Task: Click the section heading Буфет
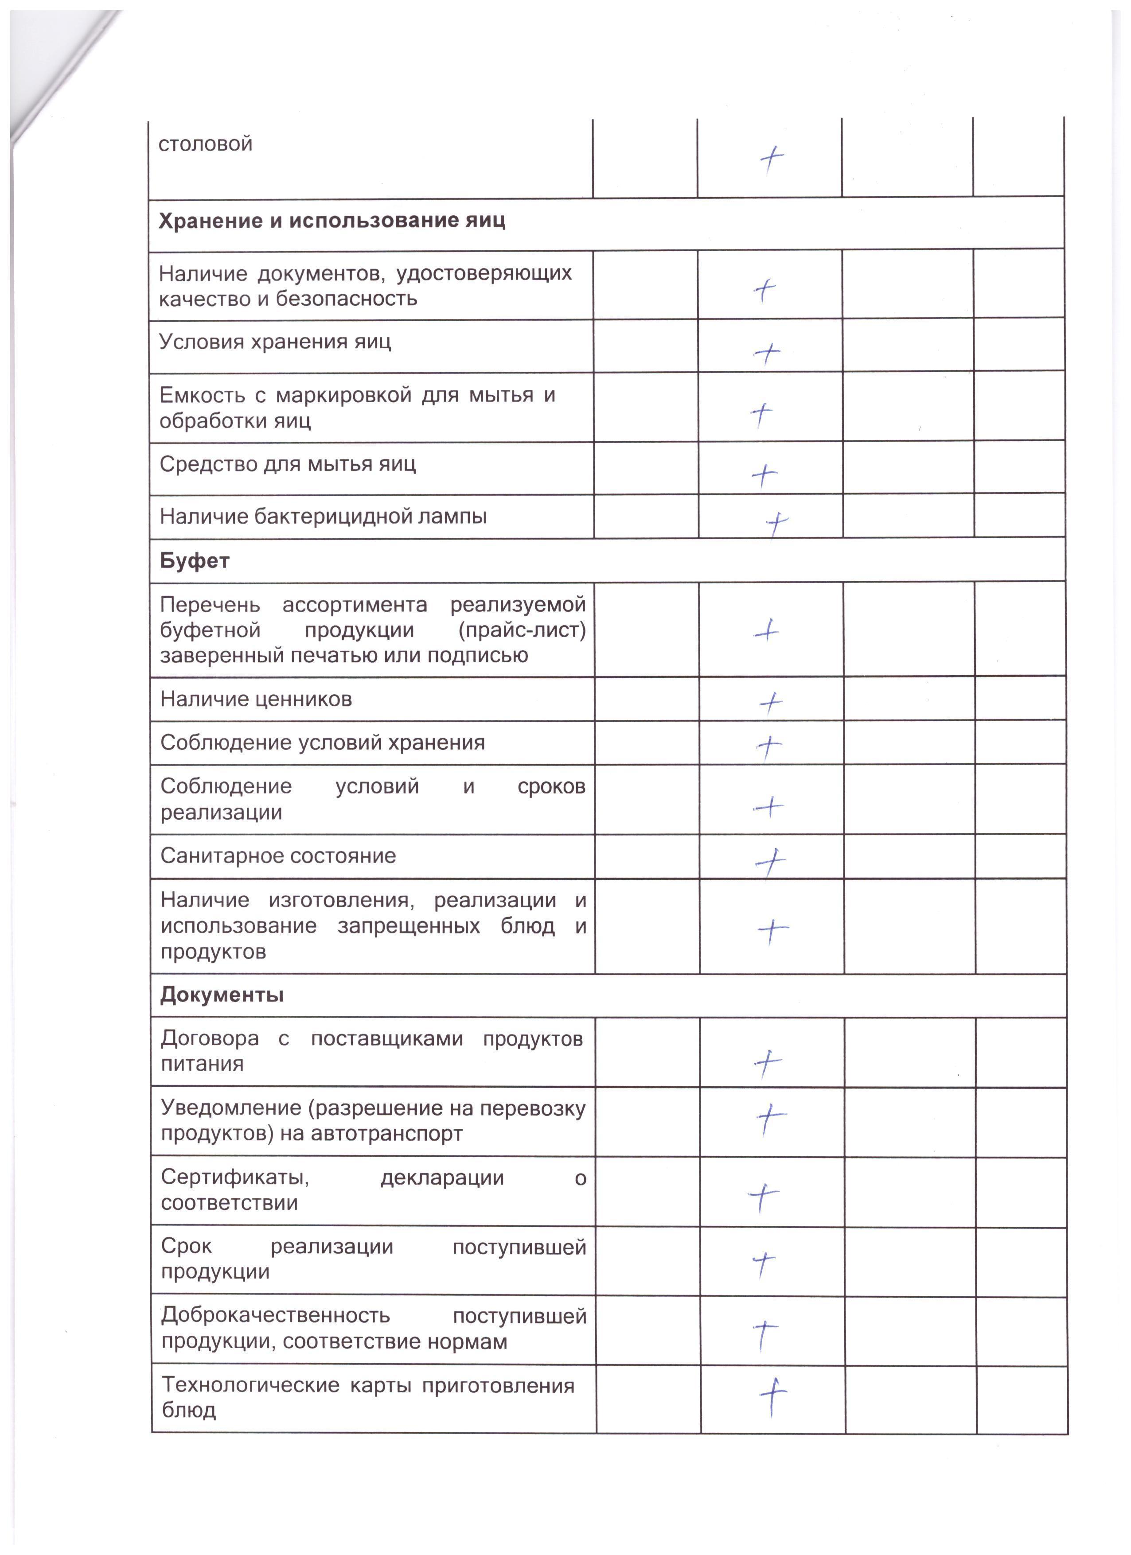194,561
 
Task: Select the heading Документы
222,995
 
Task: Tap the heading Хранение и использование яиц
332,221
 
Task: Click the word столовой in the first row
205,144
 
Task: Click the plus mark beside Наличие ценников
772,702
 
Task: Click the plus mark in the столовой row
772,160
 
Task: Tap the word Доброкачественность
276,1316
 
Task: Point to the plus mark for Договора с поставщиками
768,1063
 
